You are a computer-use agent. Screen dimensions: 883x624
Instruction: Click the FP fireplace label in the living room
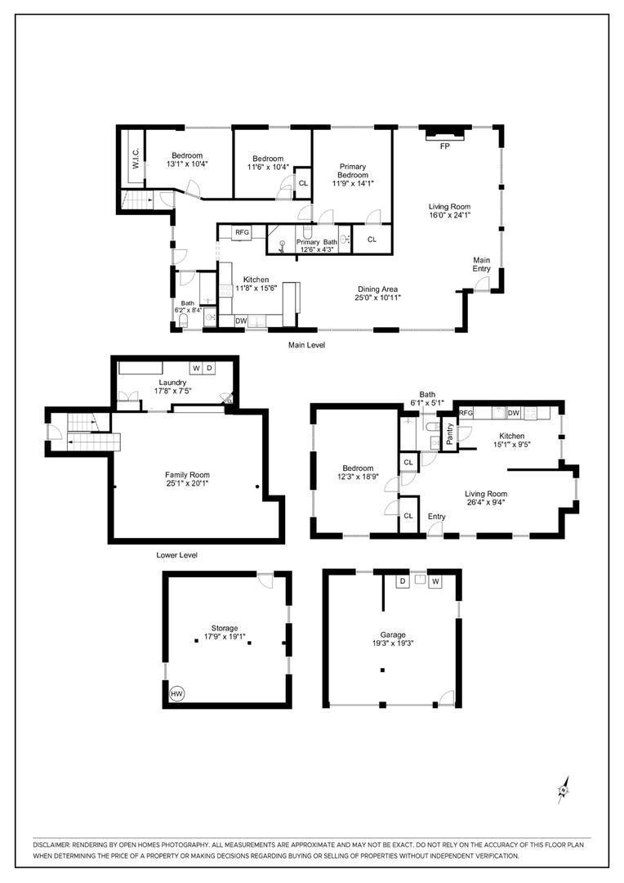(x=445, y=146)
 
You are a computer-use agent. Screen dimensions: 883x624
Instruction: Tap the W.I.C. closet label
(x=136, y=159)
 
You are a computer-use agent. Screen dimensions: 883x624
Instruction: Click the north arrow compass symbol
(x=563, y=790)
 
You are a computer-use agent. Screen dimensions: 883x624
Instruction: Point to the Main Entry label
(x=482, y=264)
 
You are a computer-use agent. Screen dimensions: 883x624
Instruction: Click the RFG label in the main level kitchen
(x=242, y=233)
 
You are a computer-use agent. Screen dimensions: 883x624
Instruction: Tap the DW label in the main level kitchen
(x=241, y=321)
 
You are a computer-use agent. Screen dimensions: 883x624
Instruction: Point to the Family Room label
(x=187, y=475)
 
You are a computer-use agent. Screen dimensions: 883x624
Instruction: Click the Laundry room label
(x=172, y=382)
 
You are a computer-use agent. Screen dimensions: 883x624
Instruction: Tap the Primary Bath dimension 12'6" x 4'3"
(x=317, y=252)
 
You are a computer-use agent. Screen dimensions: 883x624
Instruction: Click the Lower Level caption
(x=176, y=555)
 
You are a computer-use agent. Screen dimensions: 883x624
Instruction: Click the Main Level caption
(x=306, y=345)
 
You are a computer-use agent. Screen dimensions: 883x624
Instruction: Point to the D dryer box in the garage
(x=403, y=581)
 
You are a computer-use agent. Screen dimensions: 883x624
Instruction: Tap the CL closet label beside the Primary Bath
(x=372, y=240)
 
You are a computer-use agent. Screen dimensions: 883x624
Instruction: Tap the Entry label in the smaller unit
(x=436, y=516)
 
